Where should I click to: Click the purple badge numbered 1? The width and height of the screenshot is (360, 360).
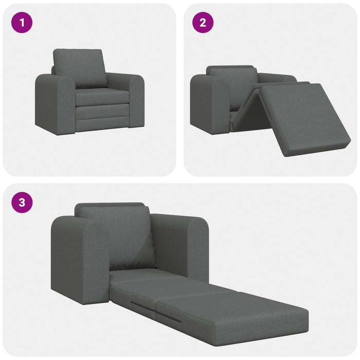click(x=22, y=23)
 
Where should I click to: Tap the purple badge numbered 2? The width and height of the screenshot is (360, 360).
click(x=203, y=23)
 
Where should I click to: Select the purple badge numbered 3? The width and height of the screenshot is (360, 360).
click(x=22, y=202)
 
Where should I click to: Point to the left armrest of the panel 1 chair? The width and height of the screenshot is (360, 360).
click(x=55, y=105)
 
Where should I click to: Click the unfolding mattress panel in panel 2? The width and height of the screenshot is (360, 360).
click(x=303, y=118)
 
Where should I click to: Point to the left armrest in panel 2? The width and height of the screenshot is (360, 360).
click(x=208, y=105)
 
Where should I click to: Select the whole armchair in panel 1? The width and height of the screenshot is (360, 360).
click(x=90, y=93)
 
